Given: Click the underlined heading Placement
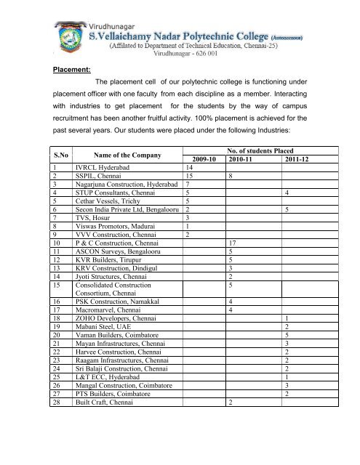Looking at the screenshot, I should (71, 72).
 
